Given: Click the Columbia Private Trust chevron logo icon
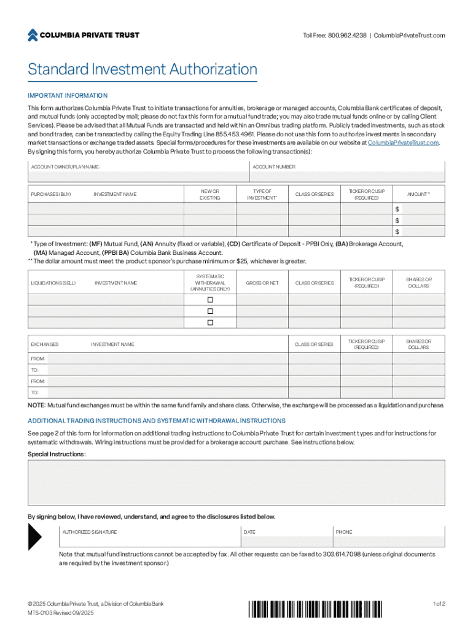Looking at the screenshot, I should [x=33, y=35].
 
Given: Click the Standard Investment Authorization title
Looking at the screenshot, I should [x=142, y=69].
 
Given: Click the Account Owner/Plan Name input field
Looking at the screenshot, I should [x=138, y=177].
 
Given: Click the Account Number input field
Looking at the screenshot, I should [x=347, y=177].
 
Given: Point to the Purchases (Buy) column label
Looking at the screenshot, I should [x=51, y=195].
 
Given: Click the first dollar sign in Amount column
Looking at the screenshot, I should [x=397, y=209].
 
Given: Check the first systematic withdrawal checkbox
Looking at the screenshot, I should [x=210, y=300].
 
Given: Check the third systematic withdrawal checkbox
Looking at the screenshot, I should [x=210, y=322].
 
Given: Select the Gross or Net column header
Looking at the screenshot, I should [x=262, y=283].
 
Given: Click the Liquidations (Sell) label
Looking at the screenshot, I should [x=53, y=283].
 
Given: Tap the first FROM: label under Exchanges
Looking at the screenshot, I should [x=38, y=359].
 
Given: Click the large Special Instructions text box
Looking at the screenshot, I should [x=237, y=481].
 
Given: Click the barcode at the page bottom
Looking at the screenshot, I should [x=319, y=608].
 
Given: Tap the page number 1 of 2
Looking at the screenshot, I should [x=439, y=604].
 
